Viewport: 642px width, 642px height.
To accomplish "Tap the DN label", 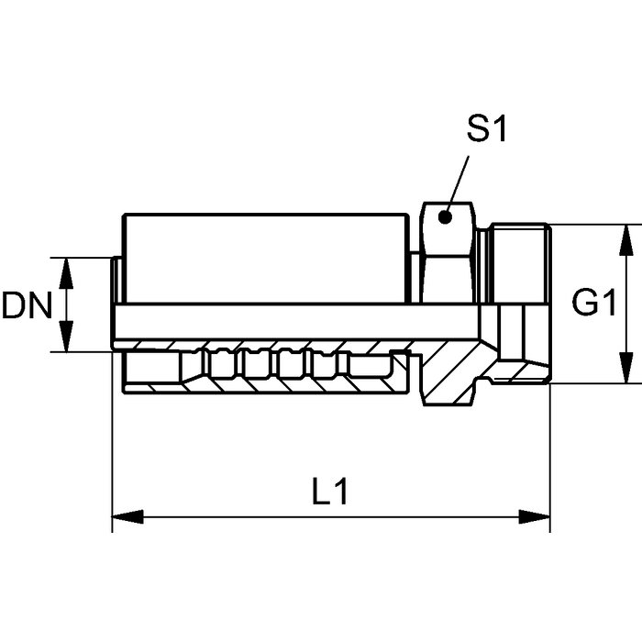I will pyautogui.click(x=27, y=304).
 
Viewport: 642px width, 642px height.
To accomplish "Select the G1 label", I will pyautogui.click(x=593, y=303).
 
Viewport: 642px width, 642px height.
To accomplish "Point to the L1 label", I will pyautogui.click(x=329, y=493).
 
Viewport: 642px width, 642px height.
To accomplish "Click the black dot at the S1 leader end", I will pyautogui.click(x=445, y=217).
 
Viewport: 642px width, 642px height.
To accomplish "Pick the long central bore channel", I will pyautogui.click(x=303, y=321).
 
